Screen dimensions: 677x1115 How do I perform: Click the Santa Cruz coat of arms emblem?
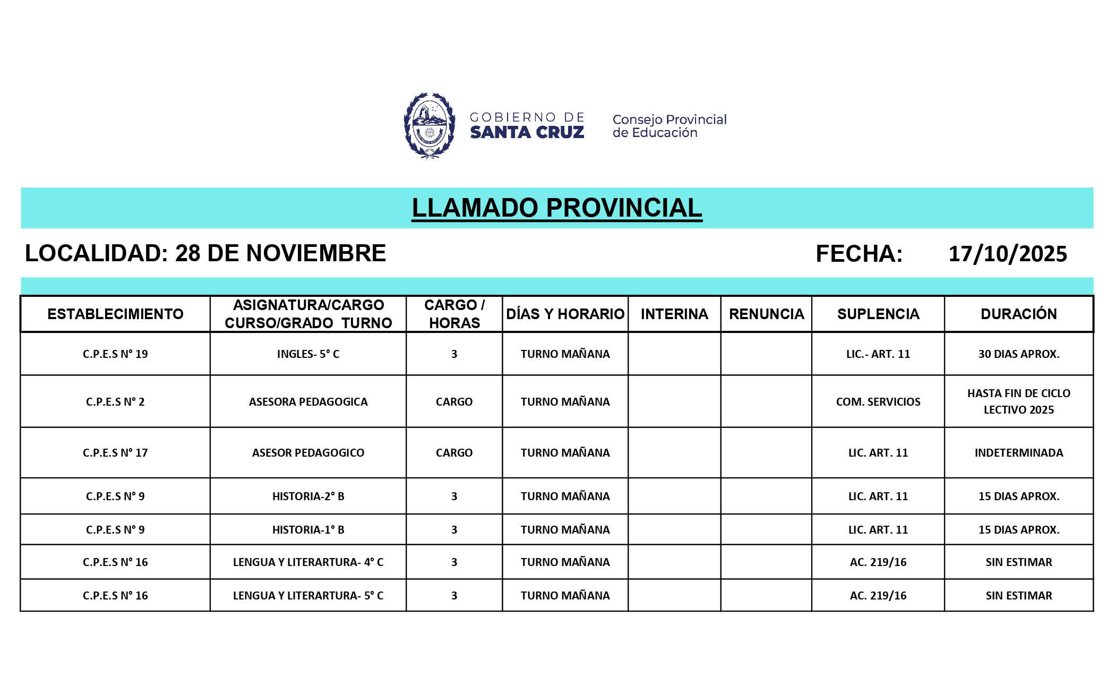tap(429, 126)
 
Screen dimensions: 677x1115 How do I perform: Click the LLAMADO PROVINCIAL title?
tap(556, 208)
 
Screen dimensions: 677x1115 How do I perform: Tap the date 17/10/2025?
tap(1007, 254)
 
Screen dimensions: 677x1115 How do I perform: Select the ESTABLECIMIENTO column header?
tap(115, 314)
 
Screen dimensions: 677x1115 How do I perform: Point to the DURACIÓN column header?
tap(1018, 314)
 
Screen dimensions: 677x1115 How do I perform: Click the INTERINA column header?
tap(674, 314)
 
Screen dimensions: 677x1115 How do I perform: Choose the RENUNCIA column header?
tap(766, 314)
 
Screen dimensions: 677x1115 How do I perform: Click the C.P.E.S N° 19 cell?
tap(115, 354)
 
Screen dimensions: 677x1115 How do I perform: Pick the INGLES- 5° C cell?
tap(308, 354)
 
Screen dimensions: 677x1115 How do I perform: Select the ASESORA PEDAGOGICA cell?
tap(308, 402)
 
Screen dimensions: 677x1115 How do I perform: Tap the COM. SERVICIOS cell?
tap(878, 402)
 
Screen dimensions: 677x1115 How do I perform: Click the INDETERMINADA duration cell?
tap(1018, 453)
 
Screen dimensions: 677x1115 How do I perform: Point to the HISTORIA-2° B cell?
tap(308, 496)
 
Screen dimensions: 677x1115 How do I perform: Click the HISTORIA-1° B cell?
tap(308, 530)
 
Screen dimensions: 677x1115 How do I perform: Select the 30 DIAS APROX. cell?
tap(1018, 354)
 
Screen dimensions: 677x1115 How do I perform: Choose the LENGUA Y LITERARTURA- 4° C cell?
tap(308, 562)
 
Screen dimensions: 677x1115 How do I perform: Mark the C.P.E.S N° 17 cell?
tap(115, 453)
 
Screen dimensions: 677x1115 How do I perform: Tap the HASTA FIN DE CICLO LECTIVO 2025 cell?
tap(1018, 401)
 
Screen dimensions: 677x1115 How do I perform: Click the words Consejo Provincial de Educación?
tap(669, 126)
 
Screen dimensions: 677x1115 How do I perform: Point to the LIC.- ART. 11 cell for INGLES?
tap(878, 354)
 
